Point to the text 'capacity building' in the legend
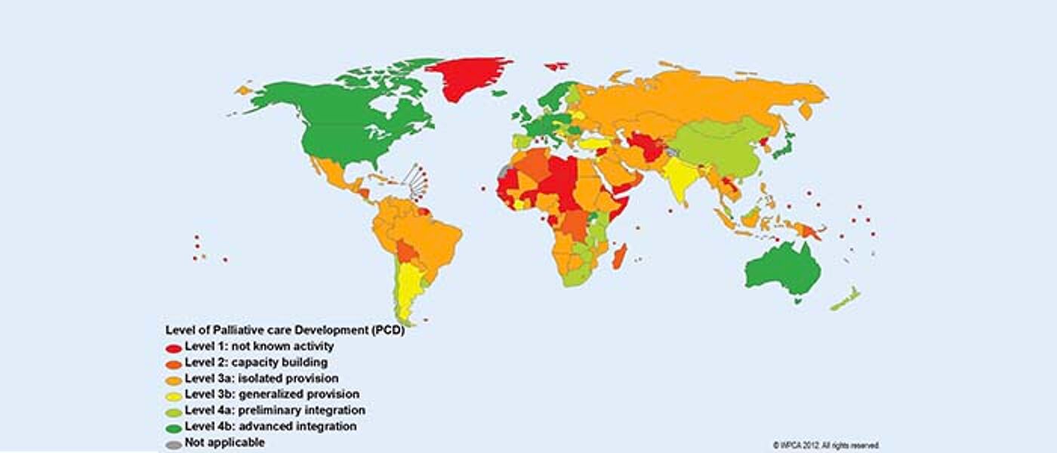[x=281, y=362]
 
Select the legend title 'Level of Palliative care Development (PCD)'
[x=285, y=331]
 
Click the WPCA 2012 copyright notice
[x=825, y=445]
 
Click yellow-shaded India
[x=679, y=181]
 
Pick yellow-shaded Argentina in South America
[x=409, y=291]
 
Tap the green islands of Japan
[x=785, y=147]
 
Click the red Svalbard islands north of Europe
[x=556, y=66]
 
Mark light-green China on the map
[x=717, y=147]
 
